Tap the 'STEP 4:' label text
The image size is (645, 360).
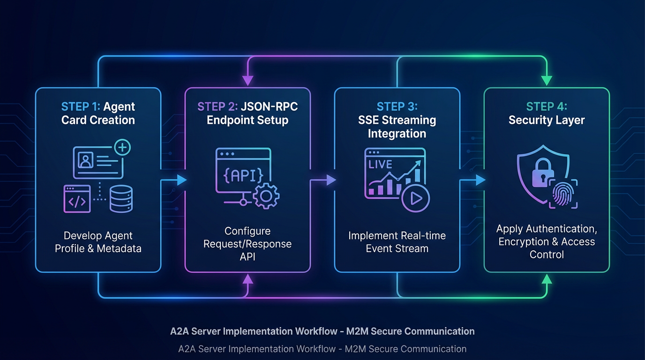click(x=547, y=106)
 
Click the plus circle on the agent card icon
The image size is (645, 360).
click(x=122, y=148)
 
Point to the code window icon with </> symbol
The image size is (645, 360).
click(x=77, y=199)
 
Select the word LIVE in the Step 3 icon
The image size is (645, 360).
click(x=380, y=165)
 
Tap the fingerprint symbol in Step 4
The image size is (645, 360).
click(x=563, y=195)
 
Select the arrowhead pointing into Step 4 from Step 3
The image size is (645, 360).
click(x=480, y=180)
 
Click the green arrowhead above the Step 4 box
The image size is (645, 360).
click(x=547, y=80)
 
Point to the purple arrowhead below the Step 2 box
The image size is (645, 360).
click(x=247, y=279)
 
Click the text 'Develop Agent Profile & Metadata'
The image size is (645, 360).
click(x=98, y=242)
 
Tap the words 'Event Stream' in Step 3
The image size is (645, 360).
click(x=397, y=248)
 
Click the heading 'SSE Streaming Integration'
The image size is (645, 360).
click(x=397, y=127)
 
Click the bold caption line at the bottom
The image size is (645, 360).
click(x=322, y=331)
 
